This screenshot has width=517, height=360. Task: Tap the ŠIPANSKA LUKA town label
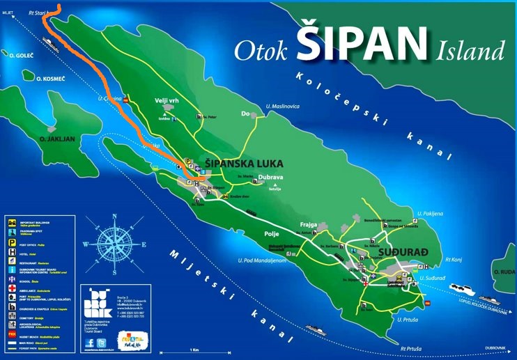245,163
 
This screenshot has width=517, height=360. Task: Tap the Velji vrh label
165,101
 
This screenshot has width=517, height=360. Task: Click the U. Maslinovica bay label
282,106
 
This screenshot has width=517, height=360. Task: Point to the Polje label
272,234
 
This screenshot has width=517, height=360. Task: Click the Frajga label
309,225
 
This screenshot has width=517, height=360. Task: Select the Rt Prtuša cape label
412,347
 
